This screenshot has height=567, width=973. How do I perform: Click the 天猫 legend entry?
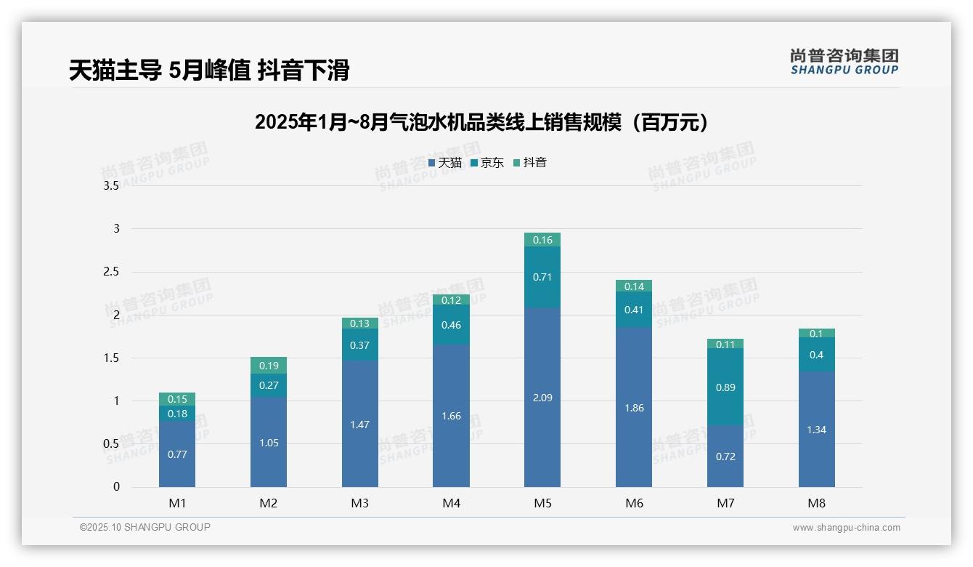[445, 163]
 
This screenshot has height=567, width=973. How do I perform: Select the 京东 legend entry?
[487, 163]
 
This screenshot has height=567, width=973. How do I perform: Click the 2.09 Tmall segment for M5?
[542, 398]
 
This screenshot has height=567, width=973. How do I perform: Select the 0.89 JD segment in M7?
[725, 387]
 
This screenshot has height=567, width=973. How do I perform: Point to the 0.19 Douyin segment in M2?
[269, 366]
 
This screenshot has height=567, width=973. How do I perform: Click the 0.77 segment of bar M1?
[177, 454]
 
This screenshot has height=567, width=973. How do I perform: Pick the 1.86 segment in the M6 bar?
[634, 408]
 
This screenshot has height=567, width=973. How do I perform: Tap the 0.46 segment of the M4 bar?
[451, 324]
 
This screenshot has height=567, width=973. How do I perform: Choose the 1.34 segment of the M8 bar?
[817, 430]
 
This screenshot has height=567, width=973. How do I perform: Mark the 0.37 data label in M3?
[360, 345]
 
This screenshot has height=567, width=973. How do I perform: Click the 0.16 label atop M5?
[542, 240]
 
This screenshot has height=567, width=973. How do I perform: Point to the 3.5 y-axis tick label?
[111, 186]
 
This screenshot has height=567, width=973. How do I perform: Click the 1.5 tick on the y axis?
[111, 358]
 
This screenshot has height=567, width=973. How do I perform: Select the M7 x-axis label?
[725, 503]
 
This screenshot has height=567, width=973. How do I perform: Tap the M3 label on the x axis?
[360, 503]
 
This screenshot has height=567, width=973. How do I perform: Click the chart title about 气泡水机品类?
[481, 122]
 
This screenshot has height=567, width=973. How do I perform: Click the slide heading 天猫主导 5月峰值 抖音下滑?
[209, 71]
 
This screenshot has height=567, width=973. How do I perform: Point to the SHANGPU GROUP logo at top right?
[844, 62]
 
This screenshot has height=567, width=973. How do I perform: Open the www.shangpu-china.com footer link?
[846, 528]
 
